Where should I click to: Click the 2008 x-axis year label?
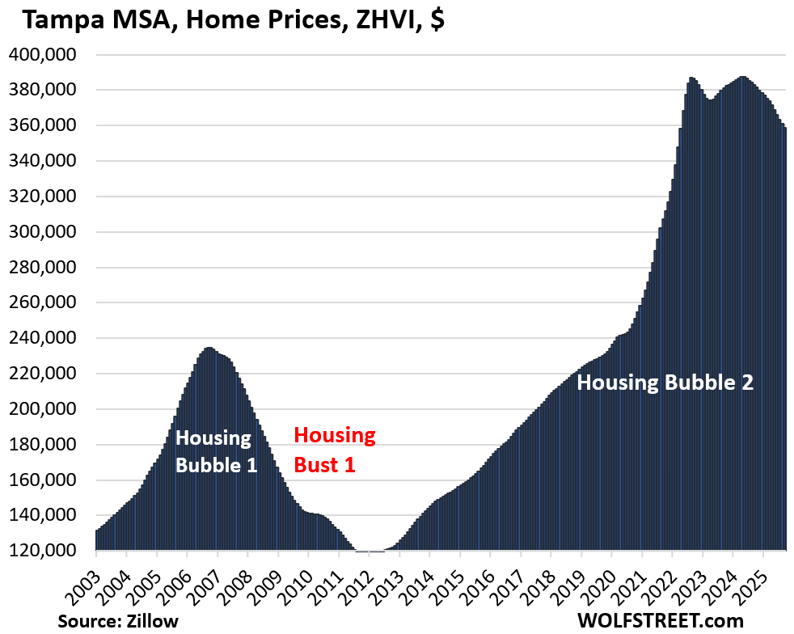point(234,581)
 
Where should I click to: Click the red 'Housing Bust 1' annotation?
point(334,450)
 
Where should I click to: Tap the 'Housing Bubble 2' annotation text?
point(665,383)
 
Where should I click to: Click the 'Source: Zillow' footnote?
point(118,621)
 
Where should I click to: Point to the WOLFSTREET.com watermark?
point(661,621)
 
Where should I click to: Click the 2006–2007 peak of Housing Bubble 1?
point(209,349)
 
